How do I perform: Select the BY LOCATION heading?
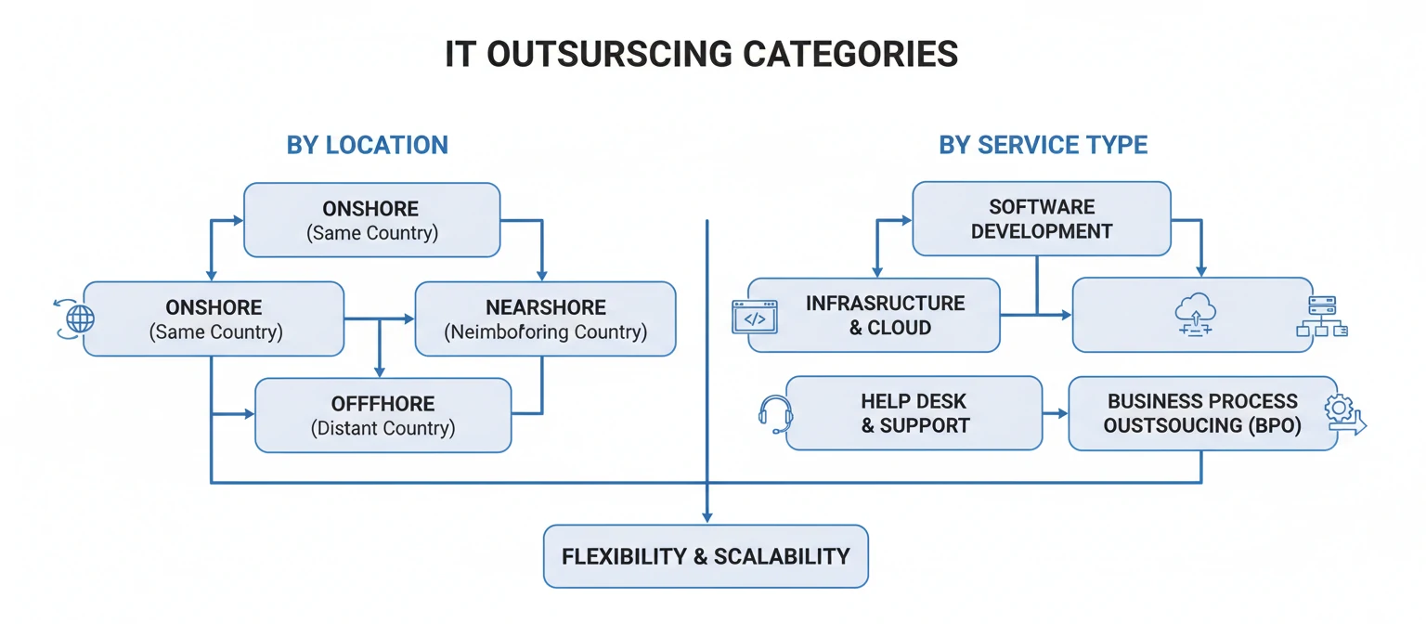point(367,146)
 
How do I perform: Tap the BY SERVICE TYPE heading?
point(1043,146)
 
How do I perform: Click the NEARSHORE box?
point(545,318)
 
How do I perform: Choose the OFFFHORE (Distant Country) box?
point(382,415)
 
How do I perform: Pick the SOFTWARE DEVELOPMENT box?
point(1041,218)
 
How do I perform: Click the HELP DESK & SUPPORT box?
point(914,413)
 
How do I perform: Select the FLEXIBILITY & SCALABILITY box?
point(706,556)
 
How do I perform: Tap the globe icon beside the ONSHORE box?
point(78,318)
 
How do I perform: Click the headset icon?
point(775,413)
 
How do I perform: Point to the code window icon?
point(755,318)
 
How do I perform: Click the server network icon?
point(1321,317)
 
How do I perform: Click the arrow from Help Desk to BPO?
point(1055,413)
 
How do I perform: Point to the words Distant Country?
point(382,429)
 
